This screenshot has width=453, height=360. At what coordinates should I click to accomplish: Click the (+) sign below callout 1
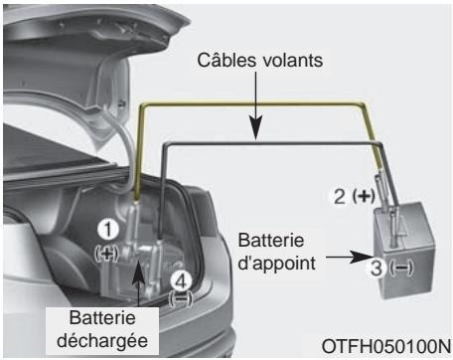[109, 255]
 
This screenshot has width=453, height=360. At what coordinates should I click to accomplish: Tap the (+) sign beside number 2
[366, 195]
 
